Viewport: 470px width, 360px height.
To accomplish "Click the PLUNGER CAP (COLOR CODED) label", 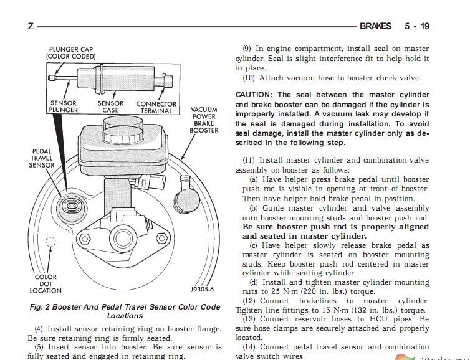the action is tap(71, 53).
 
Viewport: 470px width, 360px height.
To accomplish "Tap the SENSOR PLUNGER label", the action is tap(63, 107).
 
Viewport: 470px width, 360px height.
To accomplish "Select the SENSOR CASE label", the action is tap(110, 107).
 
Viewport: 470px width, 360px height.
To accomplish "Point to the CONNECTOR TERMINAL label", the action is tap(156, 107).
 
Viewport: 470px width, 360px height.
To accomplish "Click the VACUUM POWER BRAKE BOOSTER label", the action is tap(204, 120).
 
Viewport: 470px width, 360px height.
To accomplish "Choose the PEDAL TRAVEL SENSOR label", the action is tap(42, 158).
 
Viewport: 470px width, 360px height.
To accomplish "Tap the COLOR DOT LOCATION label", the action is tap(46, 283).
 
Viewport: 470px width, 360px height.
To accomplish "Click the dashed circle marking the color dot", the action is tap(50, 242).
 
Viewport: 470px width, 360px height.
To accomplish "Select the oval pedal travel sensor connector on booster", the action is tap(71, 206).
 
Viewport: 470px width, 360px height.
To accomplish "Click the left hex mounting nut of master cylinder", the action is tap(85, 239).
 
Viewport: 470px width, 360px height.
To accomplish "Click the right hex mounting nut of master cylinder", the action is tap(162, 238).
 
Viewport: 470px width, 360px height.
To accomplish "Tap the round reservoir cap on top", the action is tap(123, 129).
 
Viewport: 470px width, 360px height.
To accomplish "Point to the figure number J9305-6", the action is tap(203, 290).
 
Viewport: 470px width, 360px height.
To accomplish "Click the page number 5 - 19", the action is tap(417, 26).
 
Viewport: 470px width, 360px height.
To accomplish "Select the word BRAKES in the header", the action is tap(375, 26).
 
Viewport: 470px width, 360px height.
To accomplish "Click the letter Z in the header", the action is tap(31, 26).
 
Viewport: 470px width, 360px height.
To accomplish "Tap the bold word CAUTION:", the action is tap(254, 95).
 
